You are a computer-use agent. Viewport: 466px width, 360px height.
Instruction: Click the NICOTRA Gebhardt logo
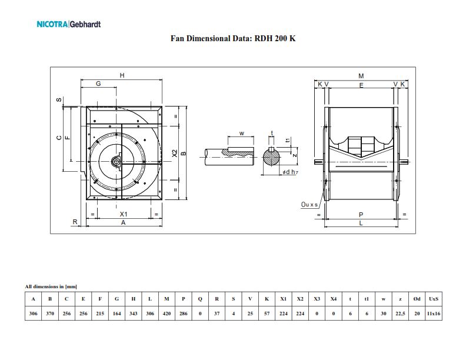pyautogui.click(x=68, y=25)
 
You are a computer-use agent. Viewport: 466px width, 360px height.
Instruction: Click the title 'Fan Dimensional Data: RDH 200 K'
pyautogui.click(x=233, y=39)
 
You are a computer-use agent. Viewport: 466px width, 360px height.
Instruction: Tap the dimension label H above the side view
pyautogui.click(x=122, y=75)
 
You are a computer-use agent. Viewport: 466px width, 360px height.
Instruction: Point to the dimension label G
pyautogui.click(x=99, y=84)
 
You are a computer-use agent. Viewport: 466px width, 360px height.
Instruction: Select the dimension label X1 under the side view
pyautogui.click(x=124, y=215)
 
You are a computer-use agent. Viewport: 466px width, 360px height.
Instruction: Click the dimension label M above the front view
pyautogui.click(x=361, y=76)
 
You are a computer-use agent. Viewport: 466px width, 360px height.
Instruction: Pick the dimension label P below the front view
pyautogui.click(x=361, y=215)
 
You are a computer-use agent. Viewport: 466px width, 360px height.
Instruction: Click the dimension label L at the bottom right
pyautogui.click(x=361, y=224)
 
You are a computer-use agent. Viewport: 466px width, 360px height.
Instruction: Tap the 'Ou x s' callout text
pyautogui.click(x=309, y=205)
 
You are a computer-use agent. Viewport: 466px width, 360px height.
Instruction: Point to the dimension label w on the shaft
pyautogui.click(x=242, y=133)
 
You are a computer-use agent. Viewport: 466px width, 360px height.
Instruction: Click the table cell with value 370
pyautogui.click(x=50, y=314)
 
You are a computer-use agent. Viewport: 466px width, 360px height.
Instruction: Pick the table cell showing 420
pyautogui.click(x=167, y=314)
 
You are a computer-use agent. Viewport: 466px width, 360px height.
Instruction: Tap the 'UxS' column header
pyautogui.click(x=434, y=299)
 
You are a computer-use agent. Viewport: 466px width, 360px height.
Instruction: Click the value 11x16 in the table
pyautogui.click(x=434, y=314)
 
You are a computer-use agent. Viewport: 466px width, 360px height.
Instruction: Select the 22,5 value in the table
pyautogui.click(x=401, y=314)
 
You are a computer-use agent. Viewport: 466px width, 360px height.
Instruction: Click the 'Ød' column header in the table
pyautogui.click(x=417, y=299)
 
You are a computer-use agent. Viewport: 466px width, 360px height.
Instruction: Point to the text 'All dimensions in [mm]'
pyautogui.click(x=51, y=286)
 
